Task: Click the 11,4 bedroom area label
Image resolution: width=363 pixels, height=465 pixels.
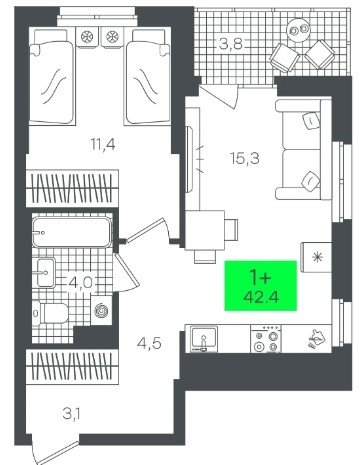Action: pos(103,145)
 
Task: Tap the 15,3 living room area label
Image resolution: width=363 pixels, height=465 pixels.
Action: pos(245,158)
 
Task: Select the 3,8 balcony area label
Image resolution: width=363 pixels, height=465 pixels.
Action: pos(230,44)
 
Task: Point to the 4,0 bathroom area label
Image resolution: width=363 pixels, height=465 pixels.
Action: pos(80,283)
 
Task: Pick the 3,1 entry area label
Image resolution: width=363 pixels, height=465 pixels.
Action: pos(72,415)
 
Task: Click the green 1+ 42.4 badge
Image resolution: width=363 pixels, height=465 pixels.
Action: pos(261,286)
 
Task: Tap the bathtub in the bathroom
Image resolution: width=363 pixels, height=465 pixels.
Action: pos(72,232)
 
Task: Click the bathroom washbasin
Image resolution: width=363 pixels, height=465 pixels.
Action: pos(46,272)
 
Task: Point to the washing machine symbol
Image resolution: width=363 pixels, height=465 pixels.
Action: pos(101,311)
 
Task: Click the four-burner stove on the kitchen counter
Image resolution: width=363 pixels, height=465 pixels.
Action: pos(266,339)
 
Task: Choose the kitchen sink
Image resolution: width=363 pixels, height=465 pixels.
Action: pos(204,339)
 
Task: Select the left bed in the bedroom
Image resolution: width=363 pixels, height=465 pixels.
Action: pos(52,77)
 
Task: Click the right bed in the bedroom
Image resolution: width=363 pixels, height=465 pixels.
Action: pos(147,77)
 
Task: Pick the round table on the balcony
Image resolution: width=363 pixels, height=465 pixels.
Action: pos(298,30)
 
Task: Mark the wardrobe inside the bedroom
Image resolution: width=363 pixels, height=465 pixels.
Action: pos(72,188)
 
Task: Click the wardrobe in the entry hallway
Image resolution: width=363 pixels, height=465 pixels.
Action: pos(72,367)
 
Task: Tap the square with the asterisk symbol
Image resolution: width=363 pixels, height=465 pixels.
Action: pos(316,257)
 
